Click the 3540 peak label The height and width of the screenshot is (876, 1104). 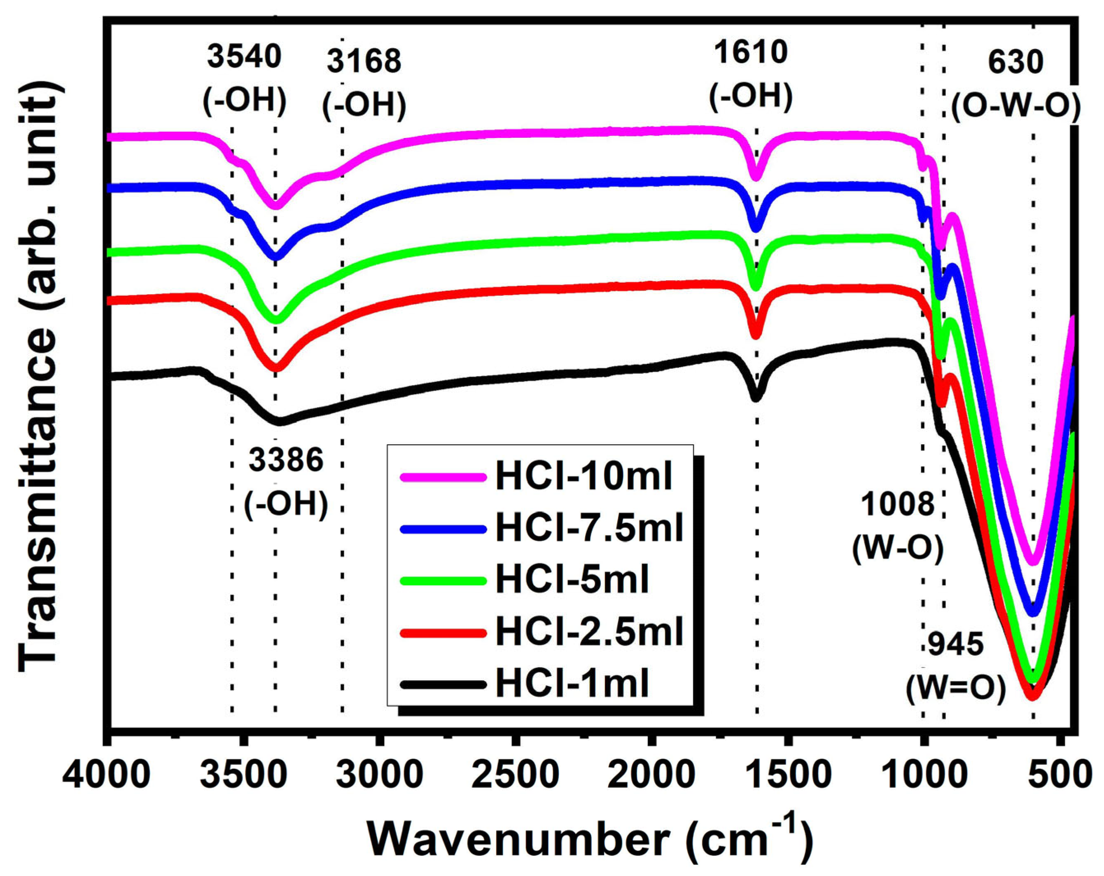point(244,57)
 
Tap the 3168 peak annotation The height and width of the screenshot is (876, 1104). point(364,62)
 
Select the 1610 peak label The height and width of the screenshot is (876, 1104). point(751,53)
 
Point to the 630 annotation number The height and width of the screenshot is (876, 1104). point(1015,63)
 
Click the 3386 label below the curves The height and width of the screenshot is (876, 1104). point(286,460)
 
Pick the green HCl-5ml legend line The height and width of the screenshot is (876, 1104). point(443,581)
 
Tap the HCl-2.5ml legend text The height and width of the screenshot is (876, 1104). point(589,632)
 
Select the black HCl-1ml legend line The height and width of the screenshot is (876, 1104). point(443,684)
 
